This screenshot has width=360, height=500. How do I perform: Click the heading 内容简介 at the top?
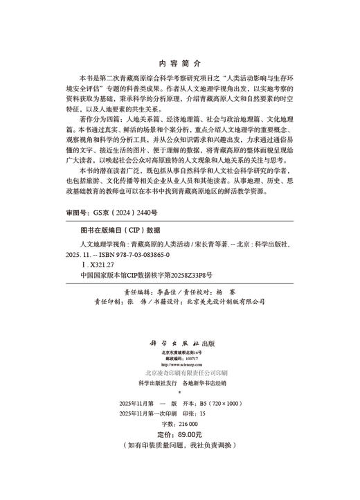click(179, 60)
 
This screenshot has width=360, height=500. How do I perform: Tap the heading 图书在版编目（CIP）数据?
click(120, 230)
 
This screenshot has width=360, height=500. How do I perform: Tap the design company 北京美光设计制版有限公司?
click(235, 301)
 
